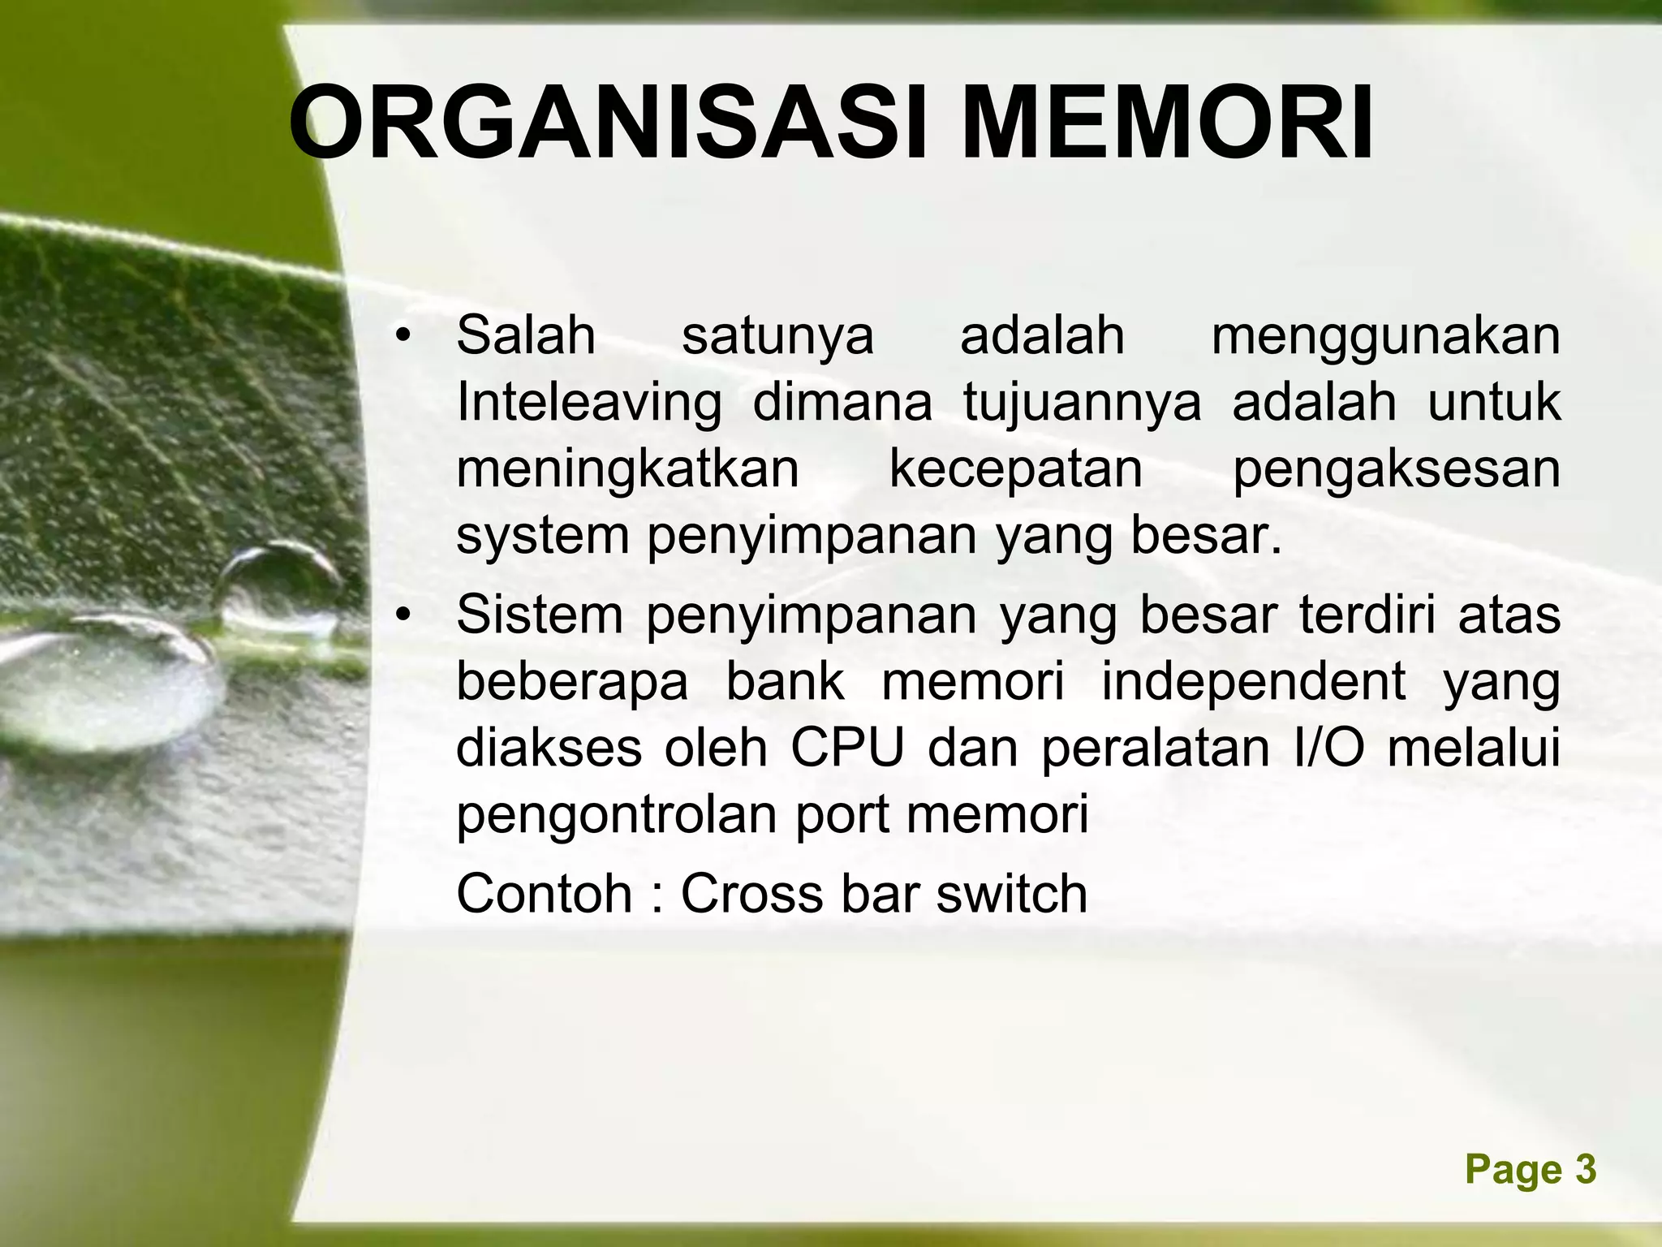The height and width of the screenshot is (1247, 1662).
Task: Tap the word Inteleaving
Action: (588, 403)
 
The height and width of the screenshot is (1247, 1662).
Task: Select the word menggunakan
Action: (1385, 338)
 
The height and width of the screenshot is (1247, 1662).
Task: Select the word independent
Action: (1253, 681)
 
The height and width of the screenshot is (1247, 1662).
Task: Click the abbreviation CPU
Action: (846, 748)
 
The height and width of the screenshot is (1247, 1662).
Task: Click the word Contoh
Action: (544, 894)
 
